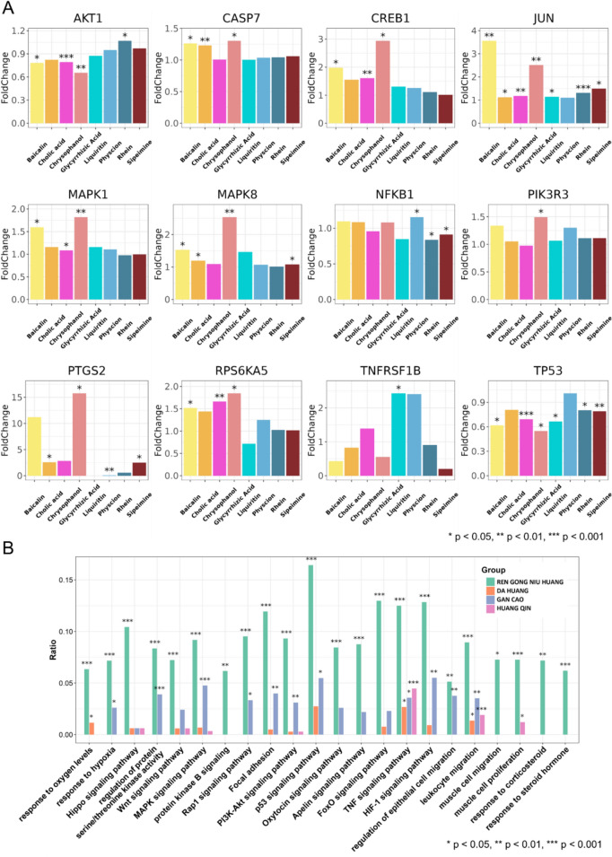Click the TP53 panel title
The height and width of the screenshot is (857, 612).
[x=532, y=329]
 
